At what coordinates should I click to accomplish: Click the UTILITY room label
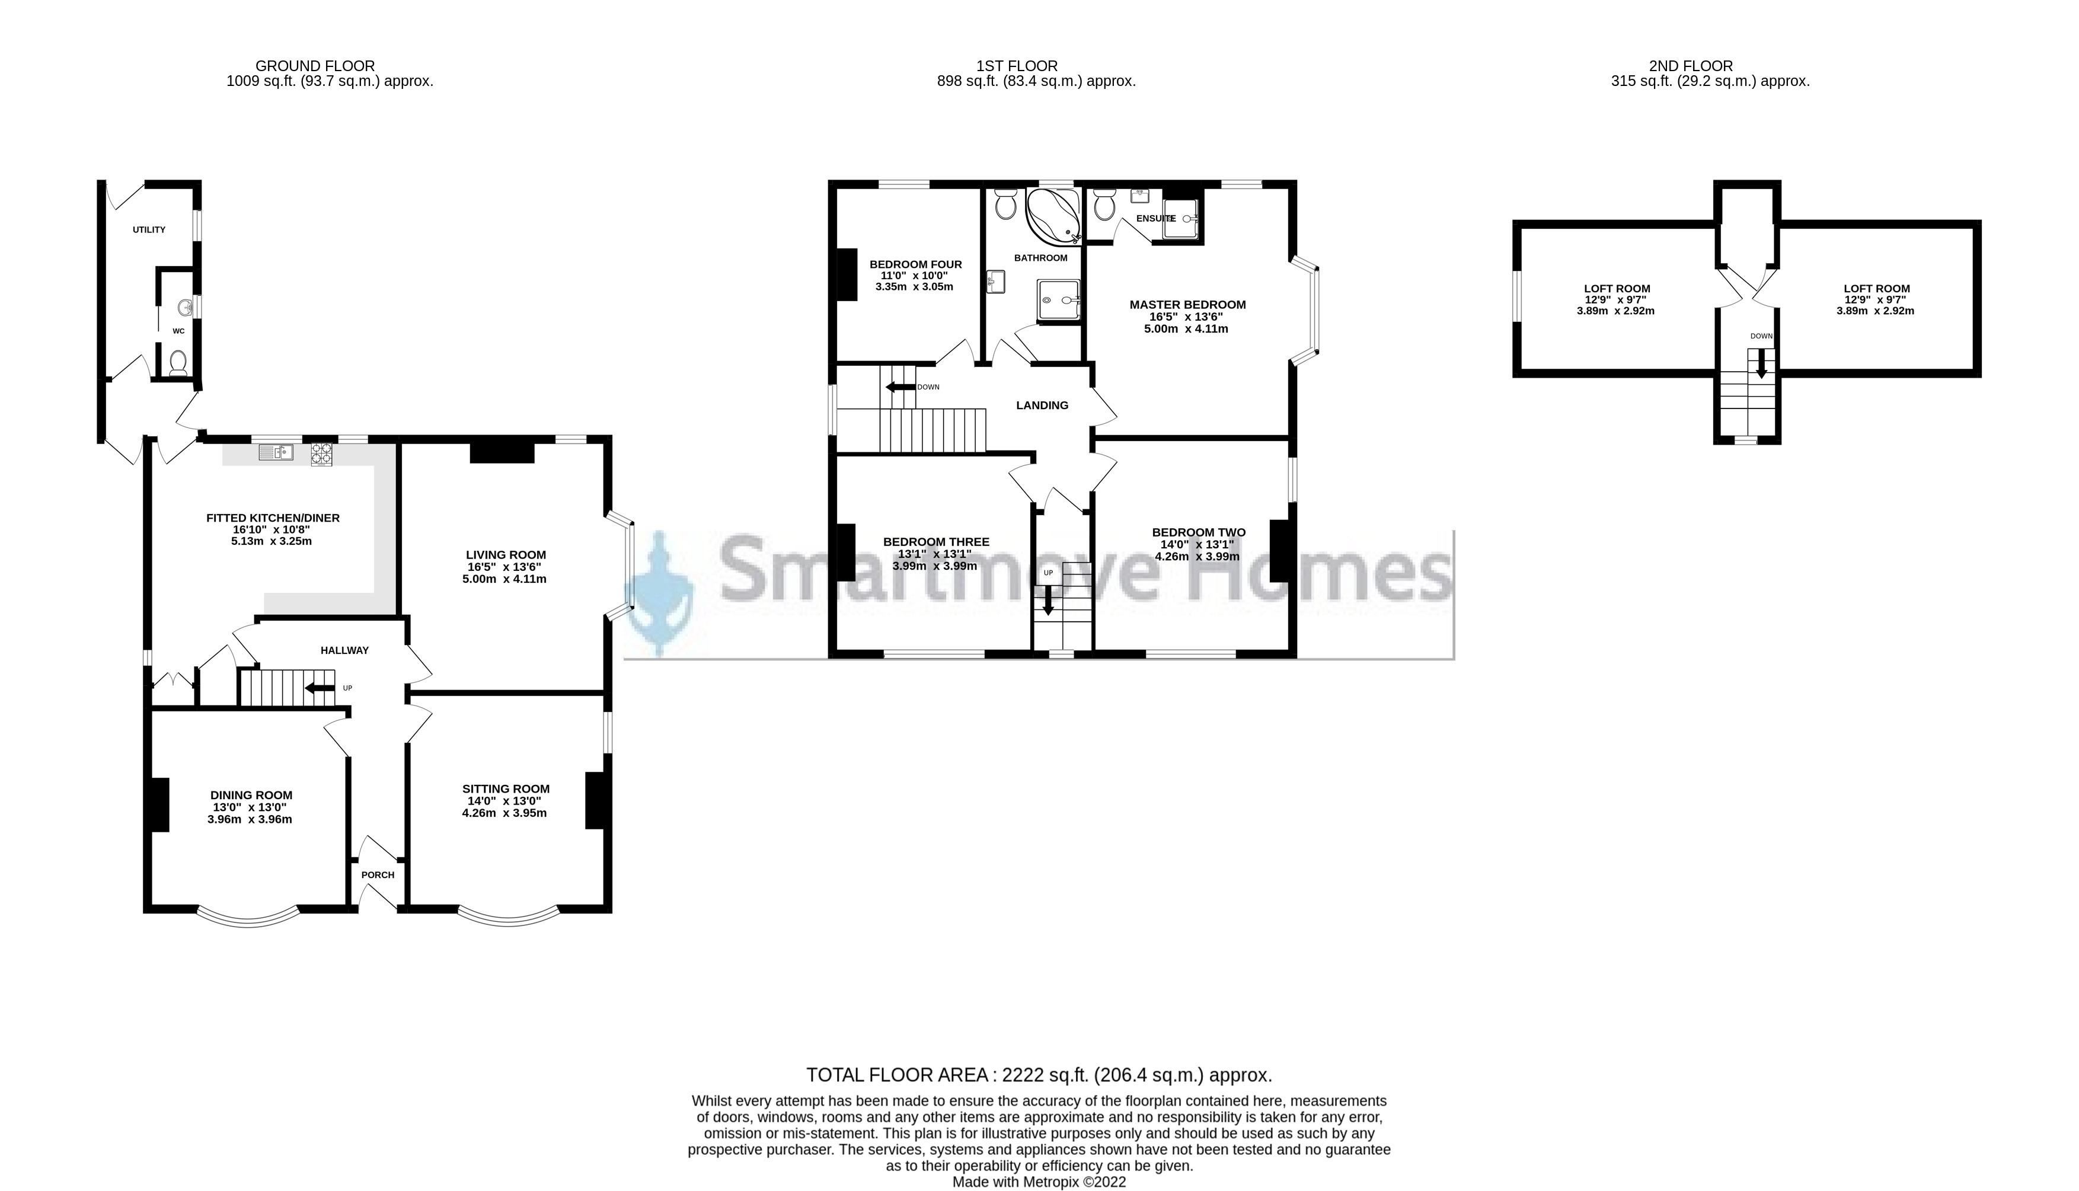(149, 230)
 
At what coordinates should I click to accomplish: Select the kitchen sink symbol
(276, 452)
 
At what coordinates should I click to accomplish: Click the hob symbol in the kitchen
(321, 454)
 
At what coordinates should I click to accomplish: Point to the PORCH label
(378, 874)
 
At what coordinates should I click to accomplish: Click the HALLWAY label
(344, 650)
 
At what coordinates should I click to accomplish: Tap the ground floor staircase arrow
(319, 688)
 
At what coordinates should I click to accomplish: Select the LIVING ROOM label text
(506, 555)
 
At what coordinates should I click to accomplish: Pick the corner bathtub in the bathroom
(1053, 216)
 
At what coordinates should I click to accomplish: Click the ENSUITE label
(1155, 218)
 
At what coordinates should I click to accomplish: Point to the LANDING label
(1042, 405)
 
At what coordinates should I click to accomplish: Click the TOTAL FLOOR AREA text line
(1039, 1075)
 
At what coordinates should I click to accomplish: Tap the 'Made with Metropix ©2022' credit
(1039, 1182)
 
